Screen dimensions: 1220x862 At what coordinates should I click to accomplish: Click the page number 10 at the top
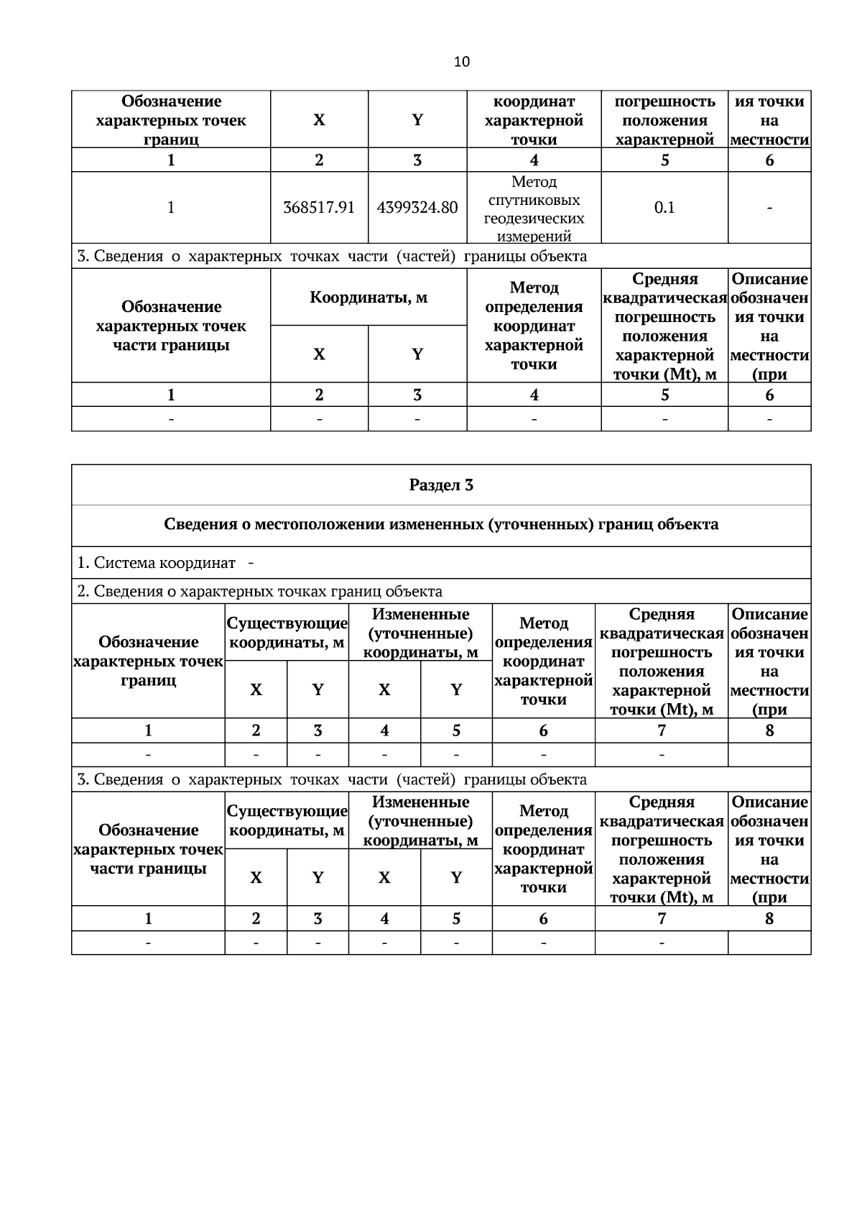pos(462,61)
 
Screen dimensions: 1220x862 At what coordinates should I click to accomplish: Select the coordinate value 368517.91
pos(319,208)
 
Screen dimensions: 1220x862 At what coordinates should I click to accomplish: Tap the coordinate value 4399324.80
pos(417,208)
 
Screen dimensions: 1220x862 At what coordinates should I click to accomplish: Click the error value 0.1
pos(664,208)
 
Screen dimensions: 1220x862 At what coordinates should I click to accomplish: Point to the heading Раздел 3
pos(441,485)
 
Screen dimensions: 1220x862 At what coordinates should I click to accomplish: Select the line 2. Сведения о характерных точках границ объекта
pos(260,592)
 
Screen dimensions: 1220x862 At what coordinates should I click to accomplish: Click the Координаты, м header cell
pos(369,298)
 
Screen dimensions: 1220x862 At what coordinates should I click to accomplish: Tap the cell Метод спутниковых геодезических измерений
pos(534,208)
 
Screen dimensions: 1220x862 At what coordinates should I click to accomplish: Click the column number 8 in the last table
pos(769,918)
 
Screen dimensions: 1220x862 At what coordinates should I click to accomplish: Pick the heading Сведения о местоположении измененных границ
pos(441,525)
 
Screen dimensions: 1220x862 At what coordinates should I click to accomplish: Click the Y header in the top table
pos(417,120)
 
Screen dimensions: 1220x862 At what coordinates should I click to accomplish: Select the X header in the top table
pos(319,120)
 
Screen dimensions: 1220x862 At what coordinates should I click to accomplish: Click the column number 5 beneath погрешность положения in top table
pos(664,160)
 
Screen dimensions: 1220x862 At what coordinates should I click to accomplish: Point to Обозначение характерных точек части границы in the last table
pos(149,849)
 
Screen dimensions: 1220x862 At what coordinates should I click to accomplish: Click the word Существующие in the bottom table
pos(287,811)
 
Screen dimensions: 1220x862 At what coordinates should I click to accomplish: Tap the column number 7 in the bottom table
pos(662,918)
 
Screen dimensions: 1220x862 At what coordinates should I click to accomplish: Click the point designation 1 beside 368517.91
pos(171,208)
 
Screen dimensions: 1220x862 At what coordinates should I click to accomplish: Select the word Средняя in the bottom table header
pos(662,802)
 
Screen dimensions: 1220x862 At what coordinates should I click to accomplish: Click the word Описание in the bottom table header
pos(769,802)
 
